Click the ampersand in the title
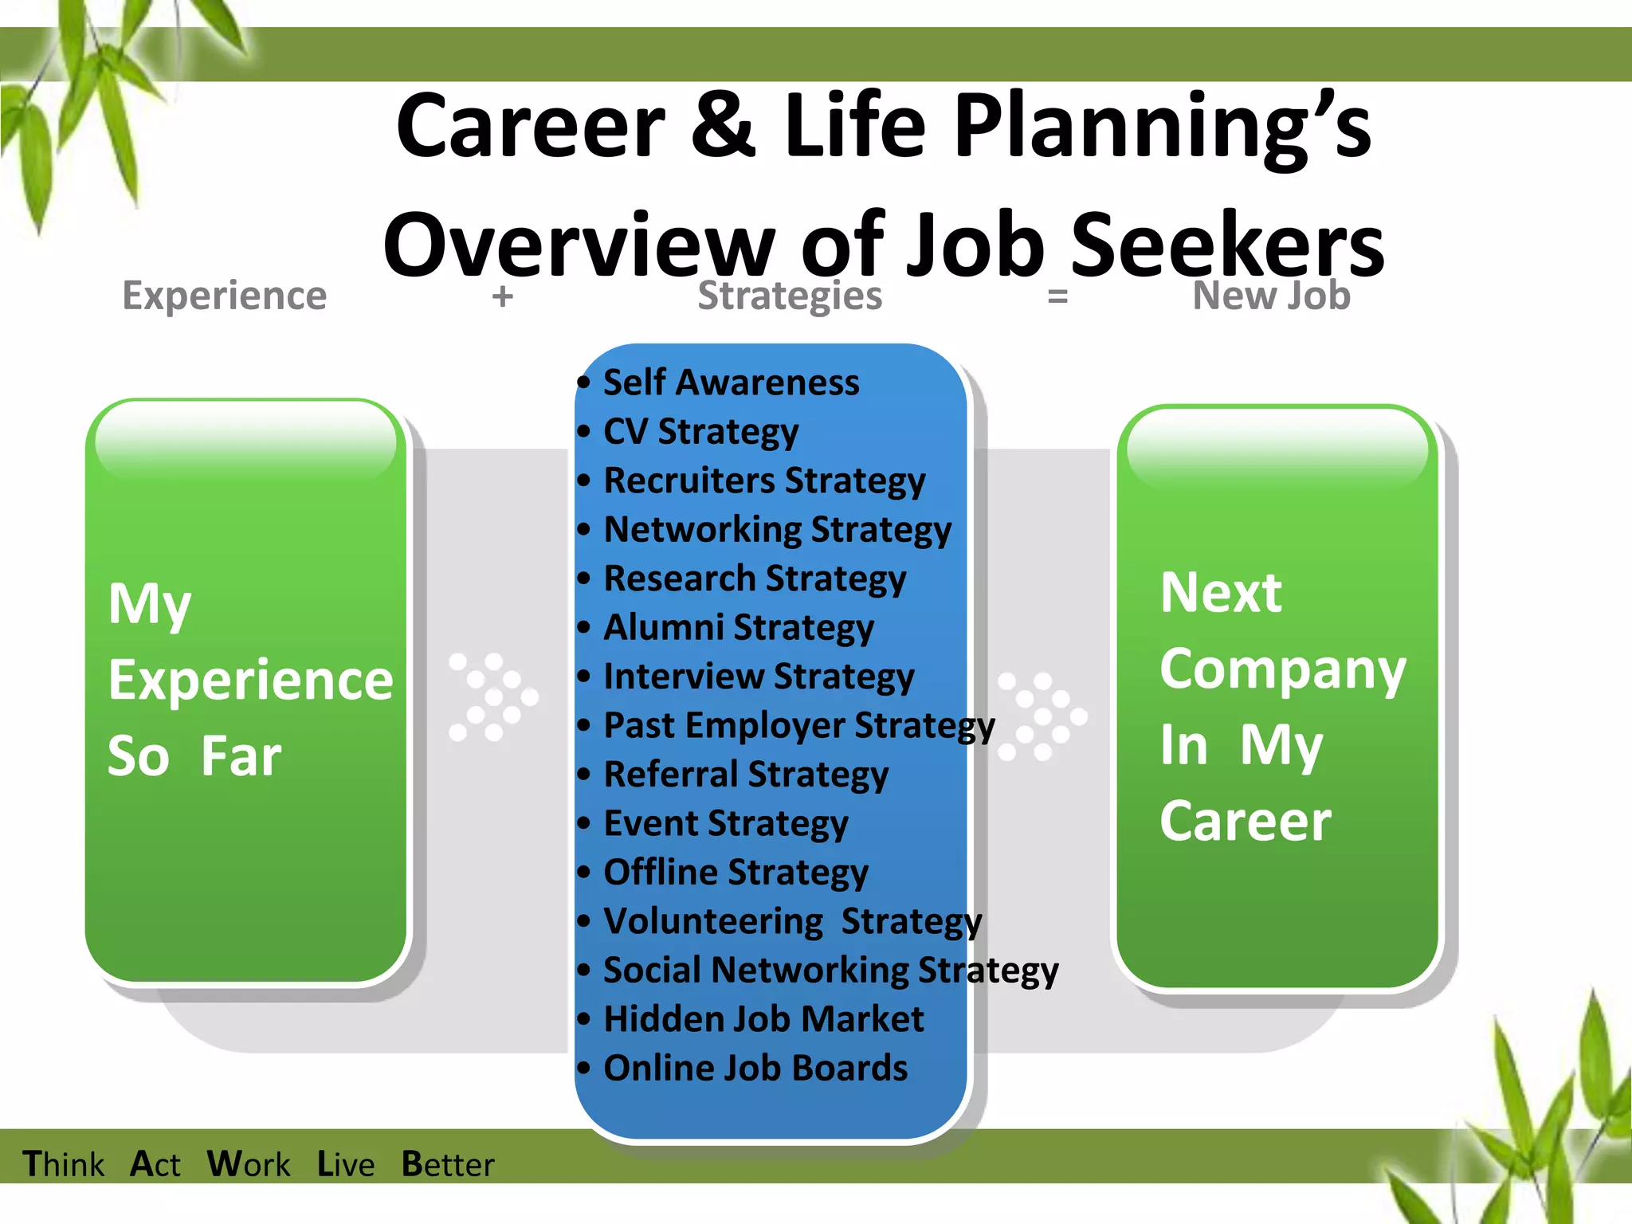tap(723, 126)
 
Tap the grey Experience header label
tap(224, 296)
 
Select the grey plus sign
tap(502, 296)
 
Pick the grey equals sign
tap(1057, 296)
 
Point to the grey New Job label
tap(1271, 296)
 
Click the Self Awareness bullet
tap(731, 382)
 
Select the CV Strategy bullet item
tap(700, 432)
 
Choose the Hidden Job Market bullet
tap(763, 1019)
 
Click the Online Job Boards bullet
tap(755, 1068)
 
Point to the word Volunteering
tap(713, 921)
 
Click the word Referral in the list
tap(671, 775)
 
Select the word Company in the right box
tap(1282, 669)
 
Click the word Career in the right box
tap(1245, 821)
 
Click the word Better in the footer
tap(447, 1164)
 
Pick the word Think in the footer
tap(63, 1164)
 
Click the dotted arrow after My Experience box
tap(492, 697)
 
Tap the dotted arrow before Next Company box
tap(1042, 716)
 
